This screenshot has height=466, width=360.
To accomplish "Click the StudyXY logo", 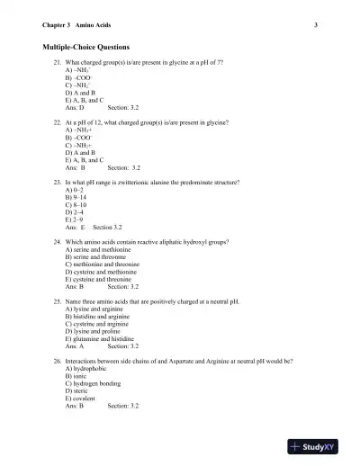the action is (318, 447).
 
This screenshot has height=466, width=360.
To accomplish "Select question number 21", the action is (57, 64).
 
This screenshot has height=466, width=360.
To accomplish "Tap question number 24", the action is (57, 243).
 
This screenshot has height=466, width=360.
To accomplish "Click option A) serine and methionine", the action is (101, 250).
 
